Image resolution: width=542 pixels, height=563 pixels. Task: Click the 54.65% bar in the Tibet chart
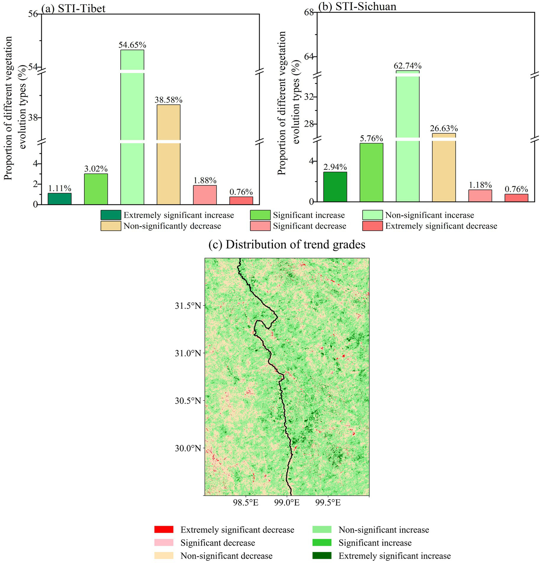132,127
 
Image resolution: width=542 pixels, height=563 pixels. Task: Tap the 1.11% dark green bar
60,199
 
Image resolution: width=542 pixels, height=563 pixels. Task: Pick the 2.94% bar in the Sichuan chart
335,187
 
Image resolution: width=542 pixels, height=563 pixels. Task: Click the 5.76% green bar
371,172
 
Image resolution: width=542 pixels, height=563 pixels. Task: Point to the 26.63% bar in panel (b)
444,167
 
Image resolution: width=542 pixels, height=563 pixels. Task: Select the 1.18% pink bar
480,196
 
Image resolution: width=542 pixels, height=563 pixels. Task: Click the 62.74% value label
407,66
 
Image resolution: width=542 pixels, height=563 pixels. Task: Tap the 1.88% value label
205,180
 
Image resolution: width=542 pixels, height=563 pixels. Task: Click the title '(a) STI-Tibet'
73,8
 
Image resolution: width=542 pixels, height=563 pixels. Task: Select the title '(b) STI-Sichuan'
357,6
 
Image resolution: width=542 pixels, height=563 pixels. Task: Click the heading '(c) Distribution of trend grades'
287,244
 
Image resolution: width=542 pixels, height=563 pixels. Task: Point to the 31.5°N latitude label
187,305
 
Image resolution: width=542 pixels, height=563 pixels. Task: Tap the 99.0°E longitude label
287,502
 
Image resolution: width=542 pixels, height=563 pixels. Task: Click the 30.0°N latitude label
187,448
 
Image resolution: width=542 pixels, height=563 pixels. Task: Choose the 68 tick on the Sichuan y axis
309,12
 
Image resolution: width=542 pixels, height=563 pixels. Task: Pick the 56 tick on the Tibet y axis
34,14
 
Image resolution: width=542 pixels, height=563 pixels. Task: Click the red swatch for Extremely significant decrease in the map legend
164,529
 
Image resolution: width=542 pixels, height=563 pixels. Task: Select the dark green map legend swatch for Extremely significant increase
322,556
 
